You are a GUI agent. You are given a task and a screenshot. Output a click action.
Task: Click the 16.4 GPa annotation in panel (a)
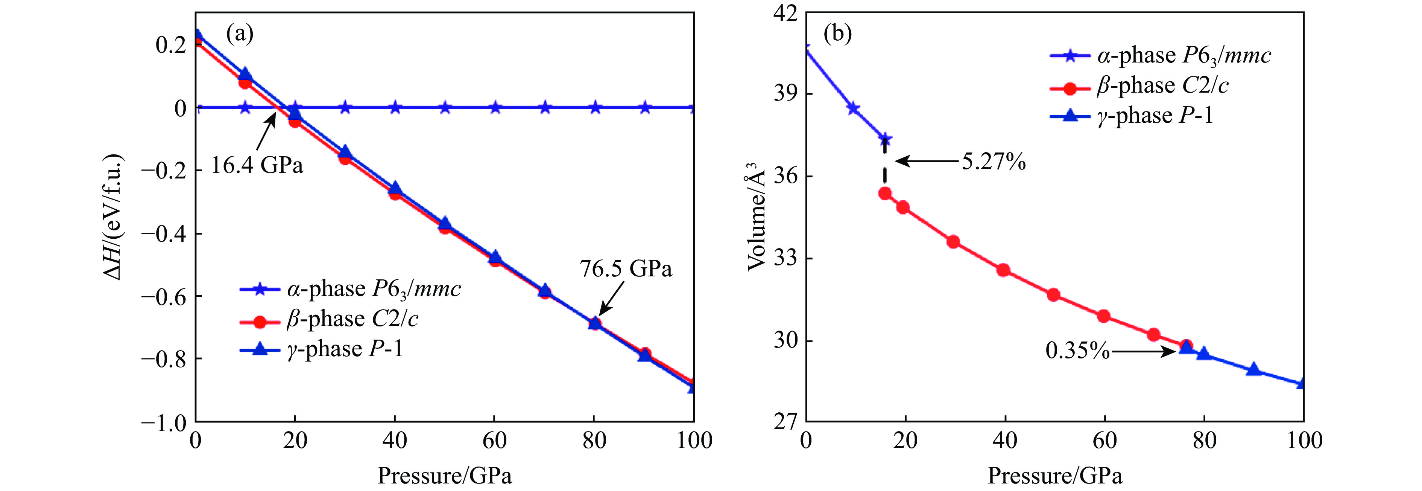257,165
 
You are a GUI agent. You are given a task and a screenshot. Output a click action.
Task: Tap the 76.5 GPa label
626,268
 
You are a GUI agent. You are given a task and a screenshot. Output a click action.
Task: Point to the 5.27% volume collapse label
994,162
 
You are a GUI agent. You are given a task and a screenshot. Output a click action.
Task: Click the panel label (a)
240,34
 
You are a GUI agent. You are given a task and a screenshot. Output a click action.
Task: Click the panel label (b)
837,34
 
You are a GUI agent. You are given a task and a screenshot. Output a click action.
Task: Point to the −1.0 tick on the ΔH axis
164,423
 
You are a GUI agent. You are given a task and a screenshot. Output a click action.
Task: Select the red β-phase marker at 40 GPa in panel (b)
1004,270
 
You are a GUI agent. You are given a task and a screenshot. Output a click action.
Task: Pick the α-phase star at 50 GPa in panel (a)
445,107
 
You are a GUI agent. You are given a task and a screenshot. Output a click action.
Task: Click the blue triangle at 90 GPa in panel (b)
1253,369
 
